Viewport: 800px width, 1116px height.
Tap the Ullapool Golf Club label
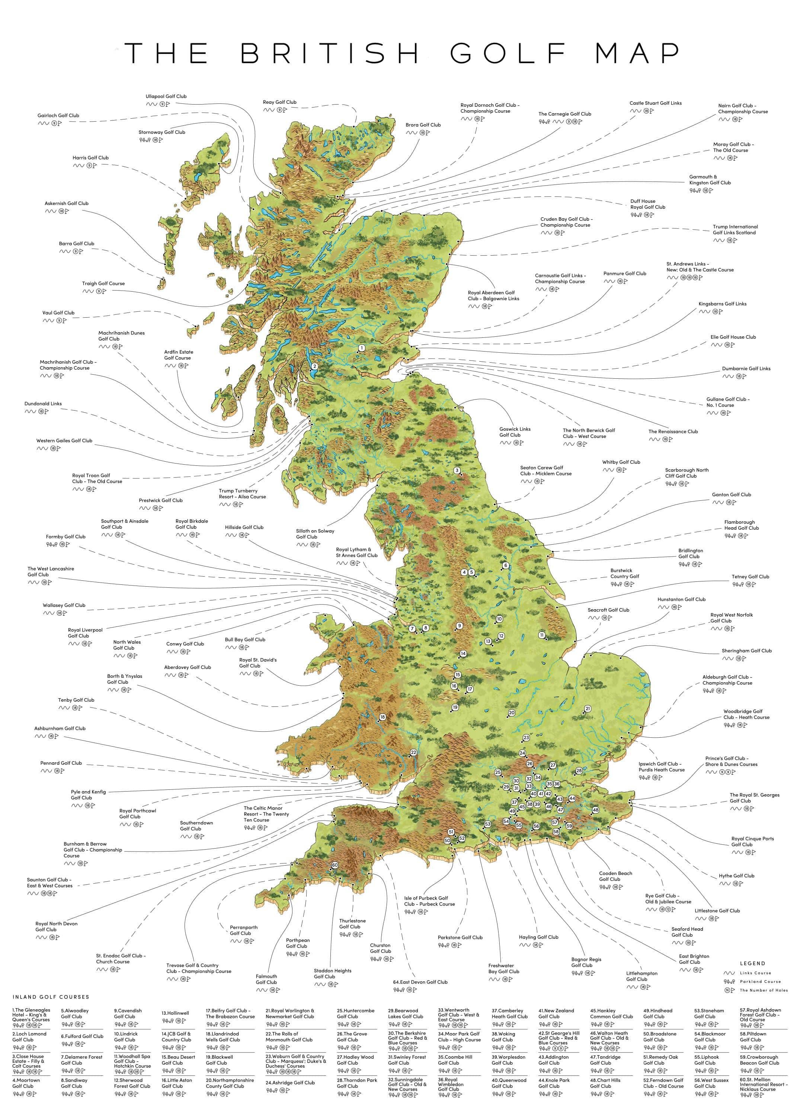166,96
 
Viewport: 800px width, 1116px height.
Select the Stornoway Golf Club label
161,132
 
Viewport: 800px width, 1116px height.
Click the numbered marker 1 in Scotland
361,348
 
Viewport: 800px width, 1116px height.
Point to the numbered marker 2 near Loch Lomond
314,366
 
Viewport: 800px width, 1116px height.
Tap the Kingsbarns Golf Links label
722,304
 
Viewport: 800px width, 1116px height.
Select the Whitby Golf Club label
621,462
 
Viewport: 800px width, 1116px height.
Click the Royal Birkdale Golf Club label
192,523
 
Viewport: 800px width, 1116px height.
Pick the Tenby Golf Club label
76,700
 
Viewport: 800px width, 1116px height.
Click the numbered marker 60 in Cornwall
335,865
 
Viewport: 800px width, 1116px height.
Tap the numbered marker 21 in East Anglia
587,709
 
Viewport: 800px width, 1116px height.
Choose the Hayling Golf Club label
538,937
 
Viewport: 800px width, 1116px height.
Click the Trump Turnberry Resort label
242,494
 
